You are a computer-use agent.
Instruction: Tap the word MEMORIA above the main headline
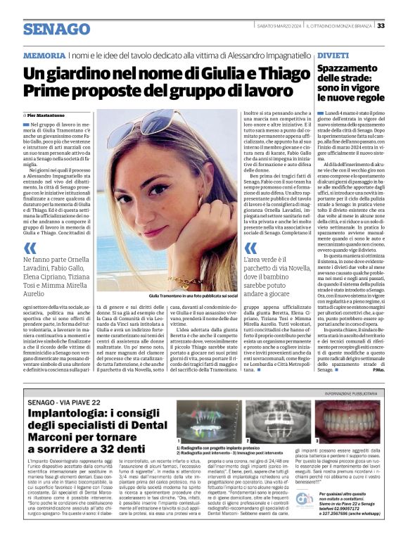coord(44,55)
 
